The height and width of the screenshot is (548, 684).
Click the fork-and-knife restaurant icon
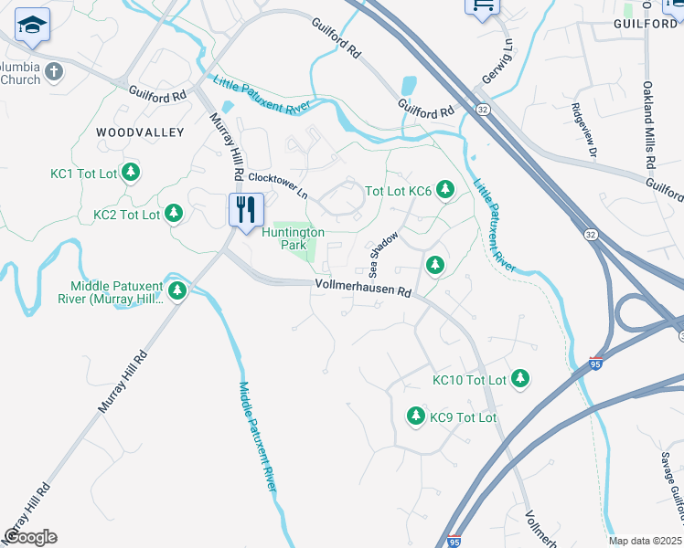pos(246,210)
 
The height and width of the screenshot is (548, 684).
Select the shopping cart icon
pos(482,5)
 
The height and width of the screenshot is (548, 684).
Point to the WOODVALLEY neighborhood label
pos(140,132)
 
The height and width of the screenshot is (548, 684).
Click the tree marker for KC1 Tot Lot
pos(131,172)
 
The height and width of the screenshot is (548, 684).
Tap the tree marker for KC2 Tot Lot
pos(173,215)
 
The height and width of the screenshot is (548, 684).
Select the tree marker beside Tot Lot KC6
pos(445,190)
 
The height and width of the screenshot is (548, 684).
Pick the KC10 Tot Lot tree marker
pos(520,378)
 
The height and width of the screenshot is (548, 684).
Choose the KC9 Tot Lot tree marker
pos(415,416)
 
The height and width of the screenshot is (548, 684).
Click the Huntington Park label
pos(294,238)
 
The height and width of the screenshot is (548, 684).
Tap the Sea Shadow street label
pos(384,254)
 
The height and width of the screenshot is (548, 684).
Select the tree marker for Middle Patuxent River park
pos(177,291)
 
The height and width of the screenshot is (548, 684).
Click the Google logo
pos(30,537)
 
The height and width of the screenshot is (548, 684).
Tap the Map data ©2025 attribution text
pos(646,541)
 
